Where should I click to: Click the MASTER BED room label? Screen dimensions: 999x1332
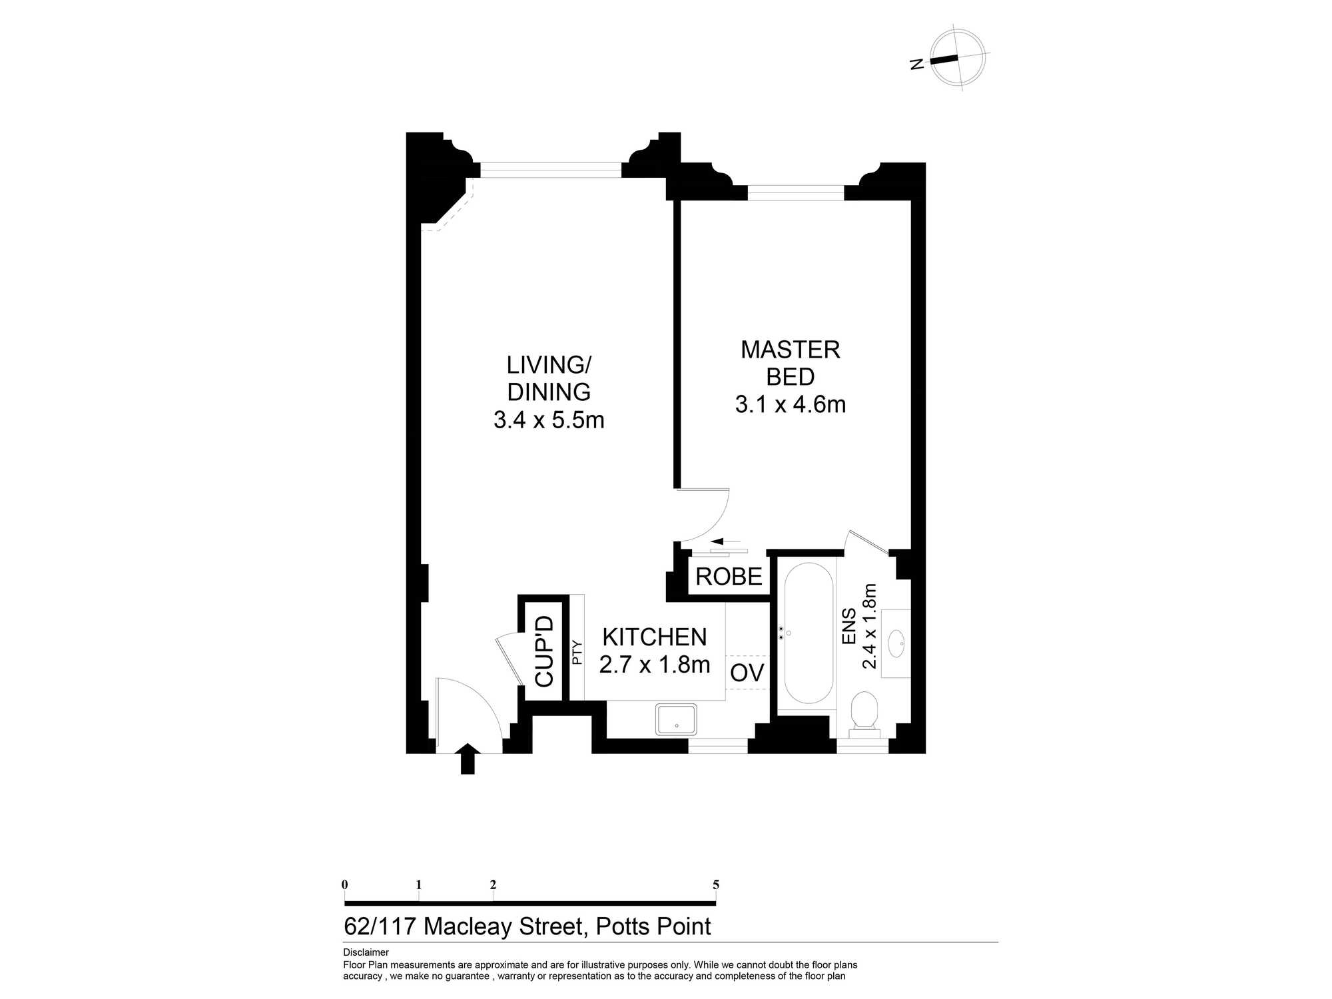(790, 363)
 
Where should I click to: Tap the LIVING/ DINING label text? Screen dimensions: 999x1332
(549, 378)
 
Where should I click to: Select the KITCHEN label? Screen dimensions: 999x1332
(654, 637)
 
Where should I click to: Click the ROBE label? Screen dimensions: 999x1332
(729, 577)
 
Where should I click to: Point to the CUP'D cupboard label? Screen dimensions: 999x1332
(544, 651)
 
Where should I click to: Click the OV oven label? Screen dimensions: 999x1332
(747, 673)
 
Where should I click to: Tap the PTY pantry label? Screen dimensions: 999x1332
(577, 653)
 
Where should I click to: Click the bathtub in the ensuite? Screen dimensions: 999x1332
(808, 633)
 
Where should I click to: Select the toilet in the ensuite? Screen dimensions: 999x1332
(865, 711)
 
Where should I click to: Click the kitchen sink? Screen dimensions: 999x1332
(676, 719)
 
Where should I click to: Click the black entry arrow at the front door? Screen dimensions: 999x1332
(468, 759)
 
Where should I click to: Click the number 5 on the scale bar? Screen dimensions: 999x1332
(716, 885)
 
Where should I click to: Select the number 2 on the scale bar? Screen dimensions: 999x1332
(493, 885)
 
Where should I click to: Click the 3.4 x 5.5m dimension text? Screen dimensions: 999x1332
(549, 420)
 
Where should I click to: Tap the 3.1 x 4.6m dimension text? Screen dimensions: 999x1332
(790, 404)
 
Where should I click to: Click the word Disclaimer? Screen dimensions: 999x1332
(366, 952)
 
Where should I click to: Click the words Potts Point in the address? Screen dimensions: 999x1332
(653, 926)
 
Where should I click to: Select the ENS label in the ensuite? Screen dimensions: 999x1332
(849, 627)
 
